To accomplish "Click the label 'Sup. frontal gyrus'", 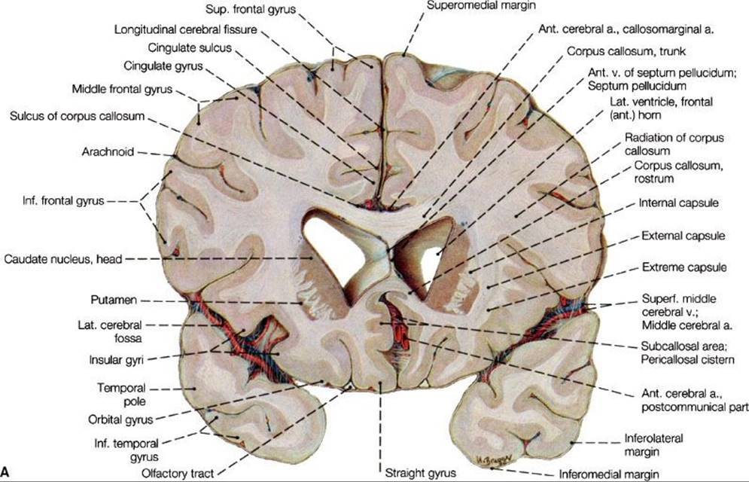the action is point(251,9).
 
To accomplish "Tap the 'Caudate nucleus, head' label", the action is point(63,259).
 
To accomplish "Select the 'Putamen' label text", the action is point(114,300).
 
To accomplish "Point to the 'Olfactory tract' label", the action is point(178,474).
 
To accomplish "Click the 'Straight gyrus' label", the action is point(420,473).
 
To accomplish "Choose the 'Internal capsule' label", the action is point(678,203).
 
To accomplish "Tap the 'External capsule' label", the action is point(683,236).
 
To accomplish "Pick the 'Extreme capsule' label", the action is point(684,267).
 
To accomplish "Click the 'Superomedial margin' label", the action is point(481,6).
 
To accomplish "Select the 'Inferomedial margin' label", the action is point(609,474).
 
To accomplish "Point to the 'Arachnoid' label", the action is point(108,152).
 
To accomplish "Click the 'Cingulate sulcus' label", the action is point(190,47).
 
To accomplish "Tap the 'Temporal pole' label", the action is point(122,395).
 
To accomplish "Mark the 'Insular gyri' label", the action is point(116,359).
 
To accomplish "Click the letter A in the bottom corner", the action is point(5,472).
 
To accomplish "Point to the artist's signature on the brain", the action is point(494,458).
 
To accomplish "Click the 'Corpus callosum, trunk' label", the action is point(626,50).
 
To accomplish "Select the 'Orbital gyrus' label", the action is point(120,420).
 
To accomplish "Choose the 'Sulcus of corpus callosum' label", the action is point(77,116).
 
